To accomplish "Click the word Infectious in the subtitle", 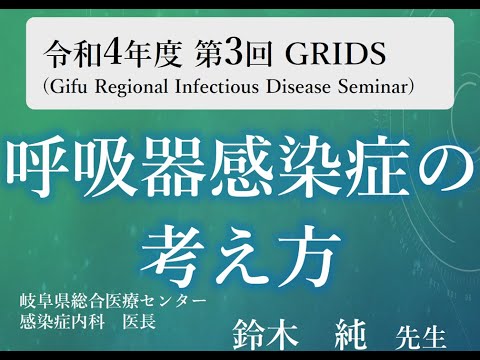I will (x=222, y=86).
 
